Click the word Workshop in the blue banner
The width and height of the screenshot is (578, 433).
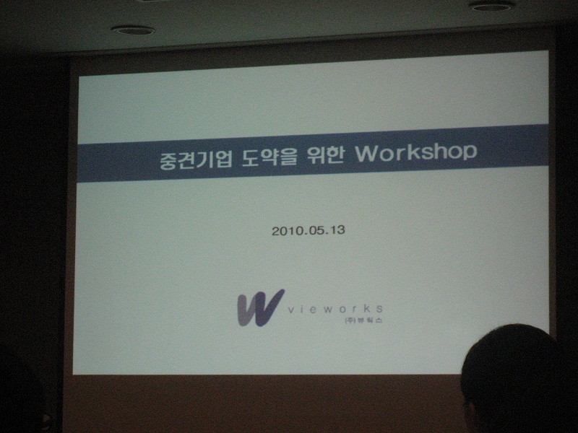(416, 152)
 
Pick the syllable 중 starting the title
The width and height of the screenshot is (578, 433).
(168, 160)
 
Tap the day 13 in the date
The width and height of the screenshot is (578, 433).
(337, 229)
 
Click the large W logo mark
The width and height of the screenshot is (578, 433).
(260, 308)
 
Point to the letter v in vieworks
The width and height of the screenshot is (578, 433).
(290, 310)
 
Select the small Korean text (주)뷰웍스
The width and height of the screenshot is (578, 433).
(363, 320)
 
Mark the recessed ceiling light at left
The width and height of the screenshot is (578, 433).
(133, 30)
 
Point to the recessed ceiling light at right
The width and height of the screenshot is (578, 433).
(492, 6)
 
